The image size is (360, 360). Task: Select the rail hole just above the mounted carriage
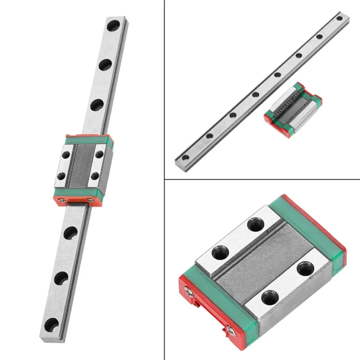pos(96,105)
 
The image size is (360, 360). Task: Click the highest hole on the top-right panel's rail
pos(339,19)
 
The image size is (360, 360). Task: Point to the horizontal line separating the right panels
pos(262,179)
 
